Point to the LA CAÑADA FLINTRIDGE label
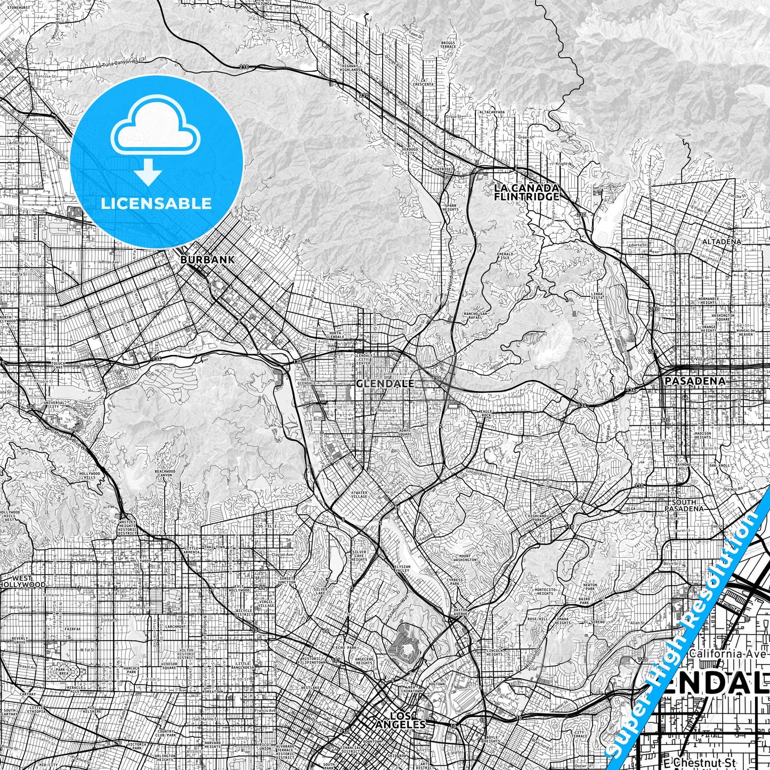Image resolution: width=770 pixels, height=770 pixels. click(x=526, y=192)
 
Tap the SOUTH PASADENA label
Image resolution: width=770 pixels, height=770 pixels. click(x=687, y=505)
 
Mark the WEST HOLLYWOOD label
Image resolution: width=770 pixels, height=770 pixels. click(x=22, y=581)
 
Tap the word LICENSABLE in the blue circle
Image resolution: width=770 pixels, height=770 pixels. click(x=156, y=204)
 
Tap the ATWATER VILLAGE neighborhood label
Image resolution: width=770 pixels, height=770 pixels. click(x=359, y=495)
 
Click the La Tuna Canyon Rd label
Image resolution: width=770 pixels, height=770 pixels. click(x=117, y=64)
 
